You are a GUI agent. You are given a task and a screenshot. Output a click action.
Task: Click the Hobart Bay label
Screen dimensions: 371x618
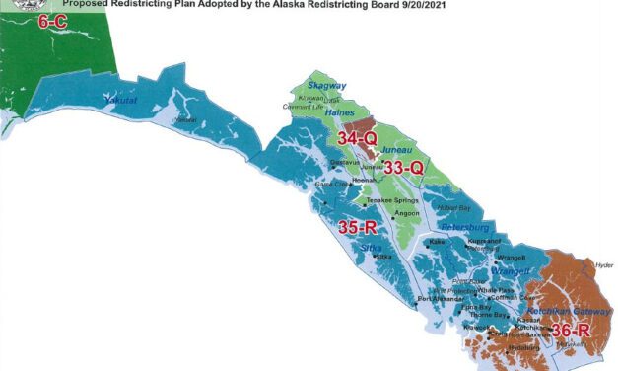(x=455, y=208)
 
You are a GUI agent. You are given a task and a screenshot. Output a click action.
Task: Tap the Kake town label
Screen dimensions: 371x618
(x=437, y=241)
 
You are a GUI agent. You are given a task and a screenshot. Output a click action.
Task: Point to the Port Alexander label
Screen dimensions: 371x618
(x=439, y=298)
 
